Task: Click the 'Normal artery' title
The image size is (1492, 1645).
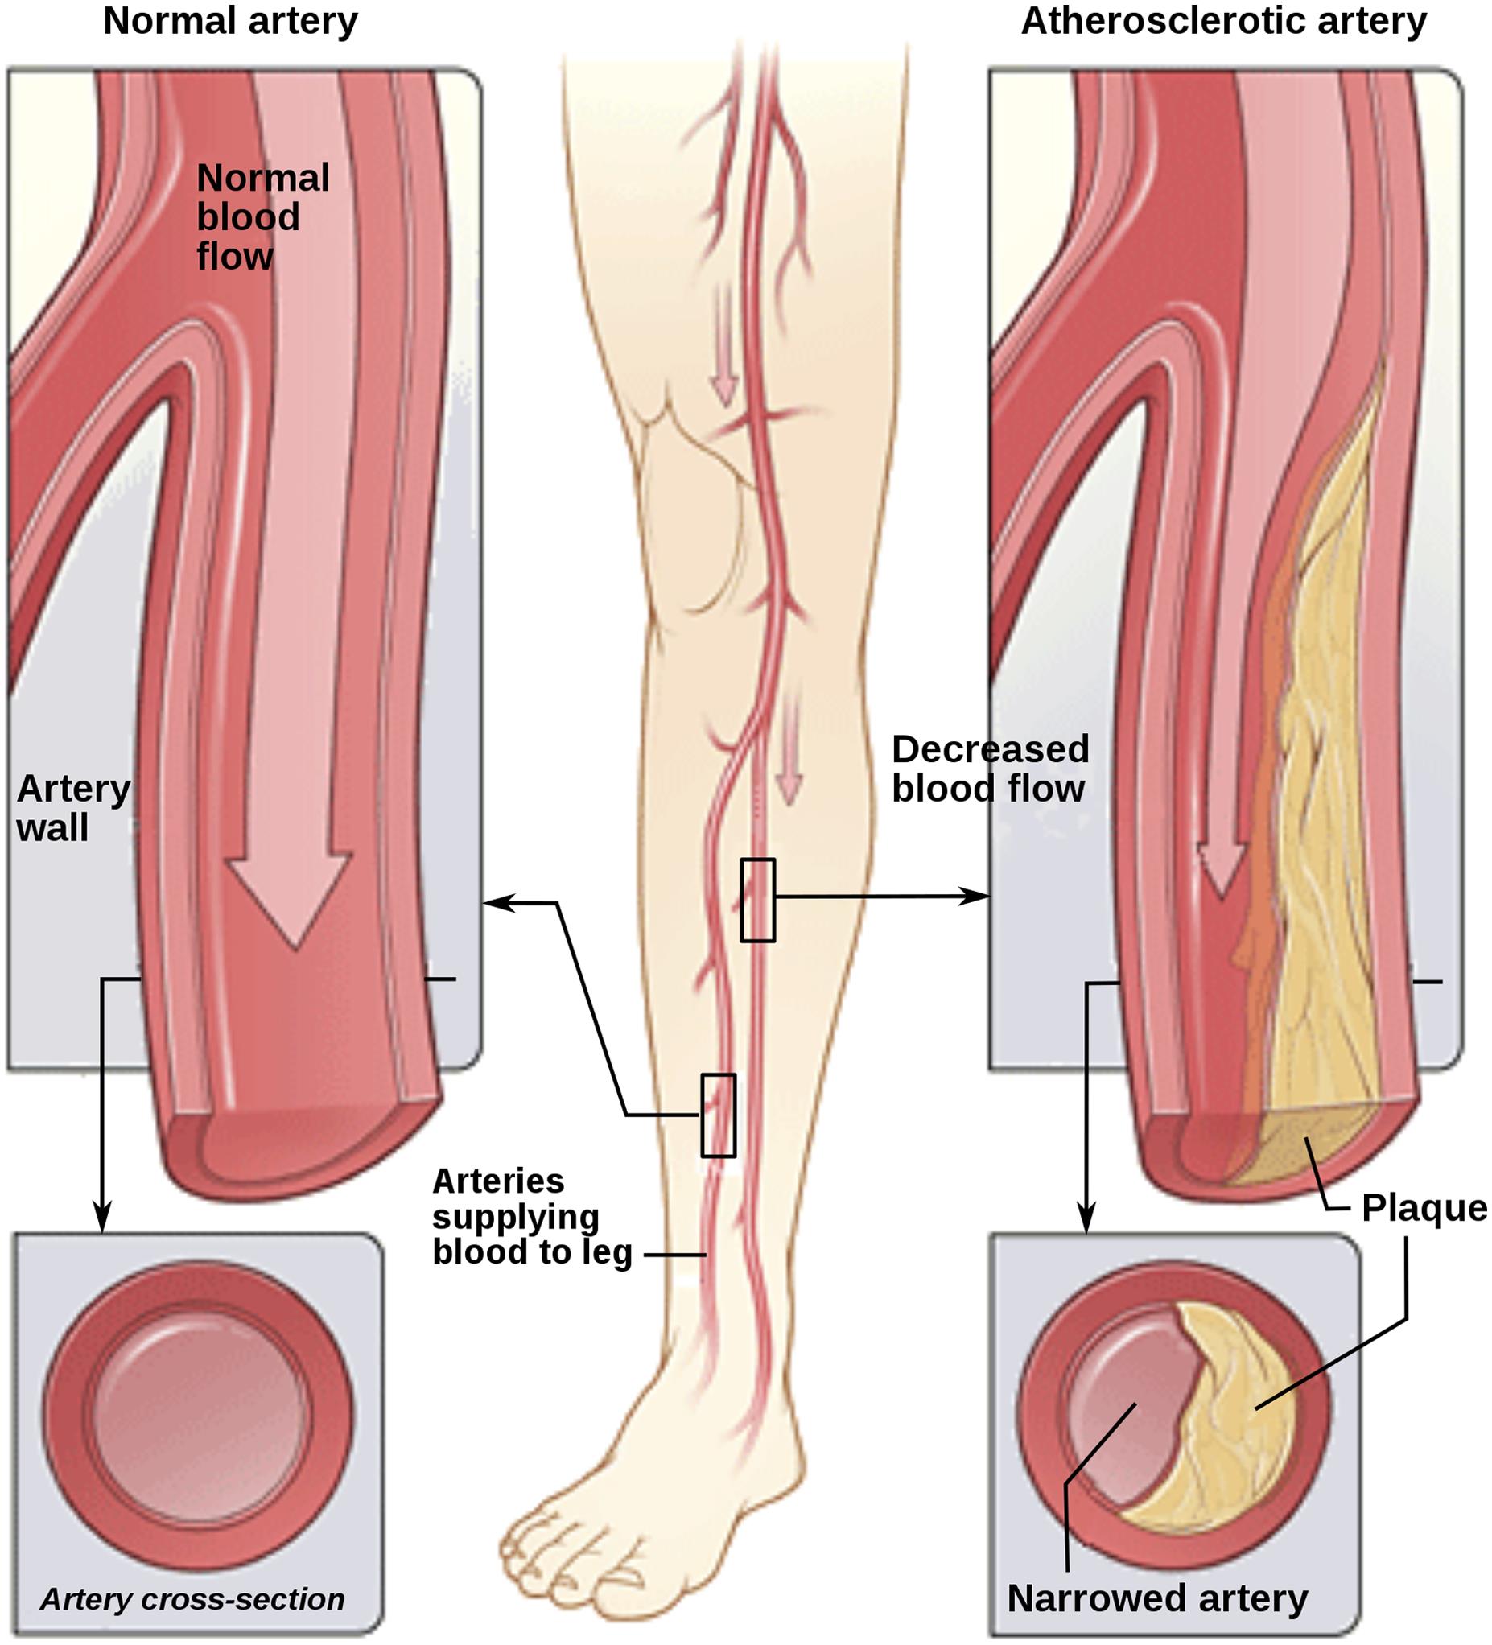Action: [x=230, y=21]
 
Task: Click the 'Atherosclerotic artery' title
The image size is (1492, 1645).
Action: [x=1224, y=21]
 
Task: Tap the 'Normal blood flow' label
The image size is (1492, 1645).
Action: [x=261, y=217]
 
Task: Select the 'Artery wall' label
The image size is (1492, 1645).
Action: [x=72, y=808]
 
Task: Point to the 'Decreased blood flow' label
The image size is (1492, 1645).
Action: [x=990, y=769]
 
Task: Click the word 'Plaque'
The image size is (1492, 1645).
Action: [x=1424, y=1209]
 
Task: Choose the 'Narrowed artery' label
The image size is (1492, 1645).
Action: [x=1157, y=1598]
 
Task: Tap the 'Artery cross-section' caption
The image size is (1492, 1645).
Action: [x=192, y=1598]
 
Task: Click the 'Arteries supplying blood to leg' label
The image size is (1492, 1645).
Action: [x=530, y=1217]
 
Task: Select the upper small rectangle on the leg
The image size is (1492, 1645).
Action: [x=758, y=900]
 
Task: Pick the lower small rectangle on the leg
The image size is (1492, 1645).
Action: [x=719, y=1115]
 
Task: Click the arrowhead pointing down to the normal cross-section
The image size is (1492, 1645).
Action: [x=101, y=1219]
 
